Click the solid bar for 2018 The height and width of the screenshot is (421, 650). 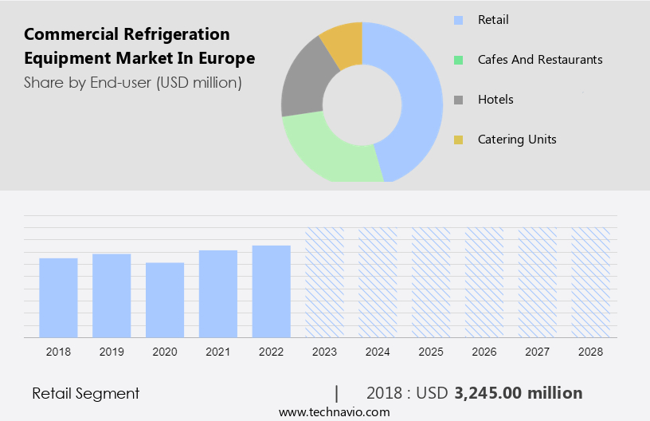point(58,297)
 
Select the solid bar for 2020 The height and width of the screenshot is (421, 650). point(165,300)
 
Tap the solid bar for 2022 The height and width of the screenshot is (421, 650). point(272,291)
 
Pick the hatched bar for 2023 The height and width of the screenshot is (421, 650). point(324,282)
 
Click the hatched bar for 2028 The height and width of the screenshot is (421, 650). point(590,282)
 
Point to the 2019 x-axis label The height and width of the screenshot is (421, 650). point(112,352)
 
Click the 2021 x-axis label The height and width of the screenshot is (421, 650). point(218,352)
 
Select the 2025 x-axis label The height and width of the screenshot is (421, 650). point(431,352)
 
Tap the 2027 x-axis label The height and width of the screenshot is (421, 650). point(537,352)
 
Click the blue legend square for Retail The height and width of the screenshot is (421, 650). point(458,19)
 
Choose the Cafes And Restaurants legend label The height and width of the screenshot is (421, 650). point(539,60)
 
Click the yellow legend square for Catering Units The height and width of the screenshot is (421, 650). point(458,140)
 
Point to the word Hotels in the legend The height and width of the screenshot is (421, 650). point(495,100)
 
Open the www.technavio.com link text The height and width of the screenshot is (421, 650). point(334,411)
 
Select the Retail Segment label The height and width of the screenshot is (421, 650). point(85,393)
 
